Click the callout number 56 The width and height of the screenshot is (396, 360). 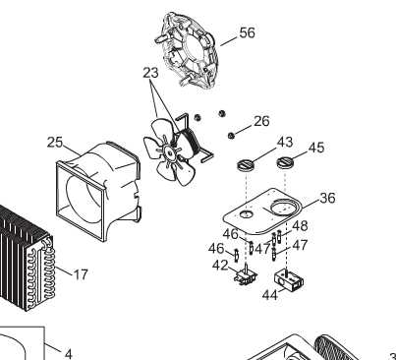247,32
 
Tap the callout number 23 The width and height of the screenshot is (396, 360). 150,73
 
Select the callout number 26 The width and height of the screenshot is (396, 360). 261,121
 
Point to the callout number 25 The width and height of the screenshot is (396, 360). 55,143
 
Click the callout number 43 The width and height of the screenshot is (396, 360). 285,143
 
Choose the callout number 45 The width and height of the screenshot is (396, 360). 316,148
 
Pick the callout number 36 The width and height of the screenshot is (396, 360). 327,198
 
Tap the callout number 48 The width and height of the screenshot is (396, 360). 300,226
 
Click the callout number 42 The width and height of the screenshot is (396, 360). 220,266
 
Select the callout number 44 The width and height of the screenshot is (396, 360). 270,295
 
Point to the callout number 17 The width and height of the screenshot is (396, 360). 81,274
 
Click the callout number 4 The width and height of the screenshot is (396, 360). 68,354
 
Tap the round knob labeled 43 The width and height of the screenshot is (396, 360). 247,164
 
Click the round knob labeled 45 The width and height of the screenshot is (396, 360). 285,162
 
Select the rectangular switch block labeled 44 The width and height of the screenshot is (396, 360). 289,280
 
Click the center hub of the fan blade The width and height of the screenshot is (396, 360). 170,151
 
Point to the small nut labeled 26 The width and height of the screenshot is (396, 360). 231,136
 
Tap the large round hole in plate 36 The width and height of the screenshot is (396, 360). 285,207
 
